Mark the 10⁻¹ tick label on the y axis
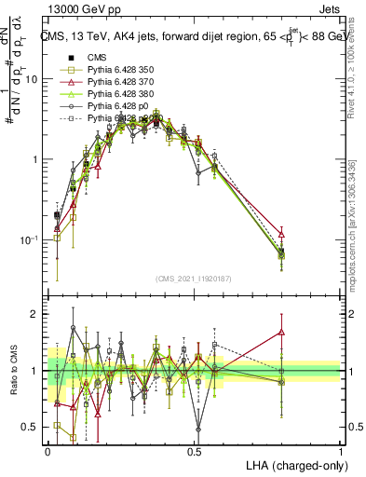pos(31,239)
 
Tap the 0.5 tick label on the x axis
pos(195,452)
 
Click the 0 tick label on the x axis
pos(48,452)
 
